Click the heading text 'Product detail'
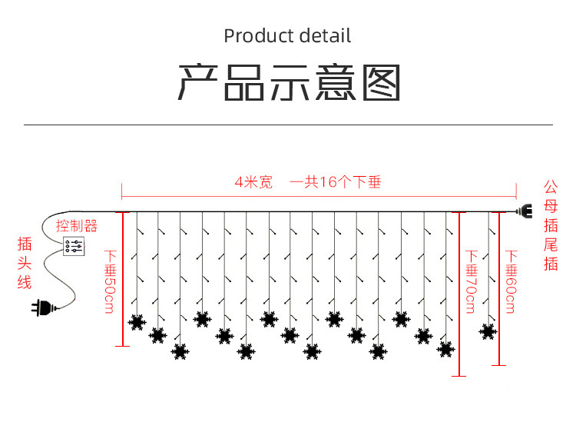point(287,36)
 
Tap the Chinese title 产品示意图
point(290,82)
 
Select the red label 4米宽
point(253,183)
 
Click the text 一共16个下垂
point(336,183)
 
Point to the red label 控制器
point(77,226)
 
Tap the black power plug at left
point(41,309)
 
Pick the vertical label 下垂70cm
point(471,281)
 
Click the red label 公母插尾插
point(551,225)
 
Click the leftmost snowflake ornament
point(137,322)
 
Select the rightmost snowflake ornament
point(488,331)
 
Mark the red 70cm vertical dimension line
point(458,293)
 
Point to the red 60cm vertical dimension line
point(499,287)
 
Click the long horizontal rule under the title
point(288,124)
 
